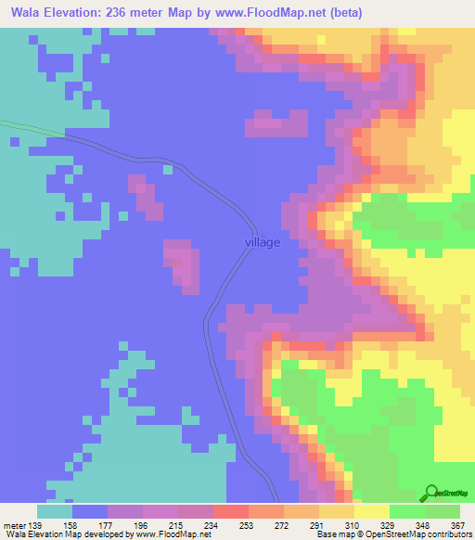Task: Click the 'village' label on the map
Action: click(x=263, y=242)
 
